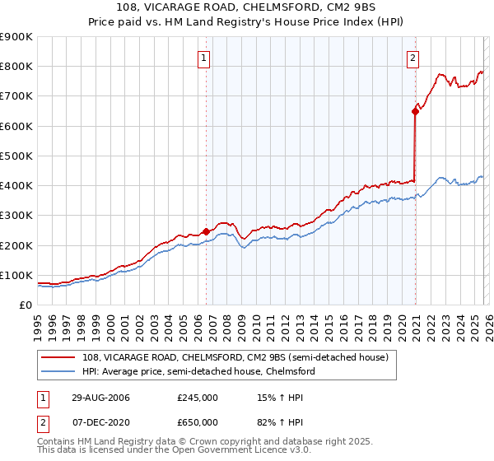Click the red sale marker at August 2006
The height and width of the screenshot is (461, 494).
point(206,232)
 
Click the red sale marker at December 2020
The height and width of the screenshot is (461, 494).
point(414,112)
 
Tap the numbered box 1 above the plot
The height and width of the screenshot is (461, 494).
point(203,58)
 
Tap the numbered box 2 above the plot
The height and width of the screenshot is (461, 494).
point(412,58)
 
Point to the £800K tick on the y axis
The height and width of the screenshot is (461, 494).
point(16,67)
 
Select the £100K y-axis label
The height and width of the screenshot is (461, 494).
point(16,275)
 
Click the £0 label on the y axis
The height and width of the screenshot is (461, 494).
point(25,305)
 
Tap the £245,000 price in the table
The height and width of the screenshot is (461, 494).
point(198,398)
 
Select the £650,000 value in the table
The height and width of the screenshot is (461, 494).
point(198,421)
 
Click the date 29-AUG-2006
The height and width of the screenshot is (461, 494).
point(96,398)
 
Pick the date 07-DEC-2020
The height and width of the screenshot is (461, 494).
point(96,421)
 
